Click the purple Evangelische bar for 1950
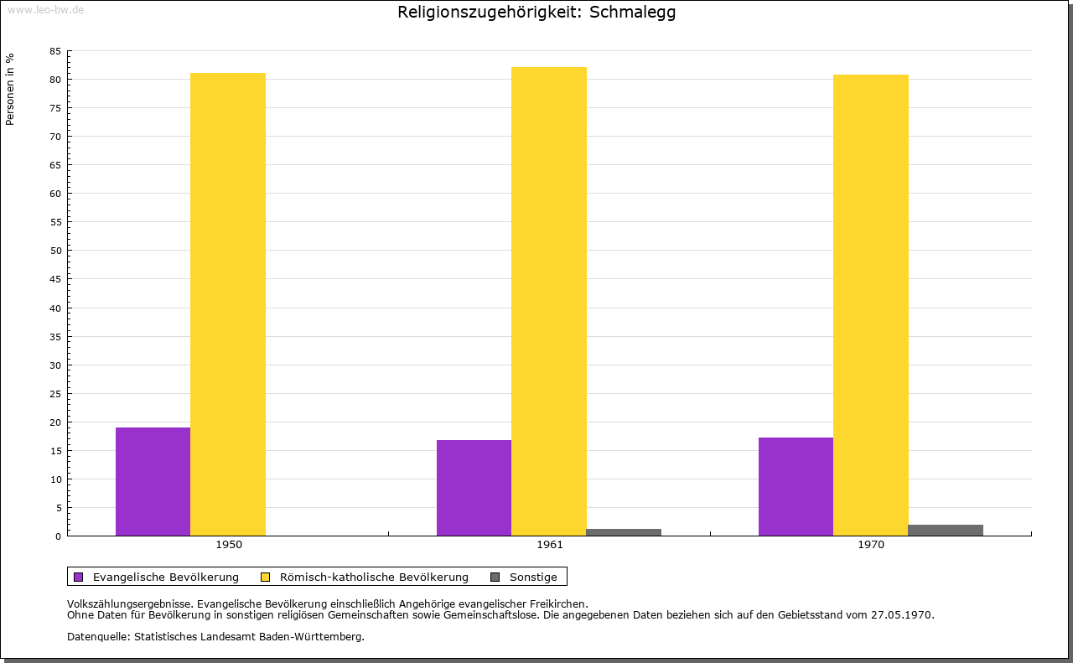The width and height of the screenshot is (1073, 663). (153, 481)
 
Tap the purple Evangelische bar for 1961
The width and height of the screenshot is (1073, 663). (474, 488)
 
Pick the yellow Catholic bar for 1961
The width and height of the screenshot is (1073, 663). (549, 302)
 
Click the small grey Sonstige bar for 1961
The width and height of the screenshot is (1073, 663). (624, 532)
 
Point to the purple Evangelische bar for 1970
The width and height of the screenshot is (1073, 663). (796, 486)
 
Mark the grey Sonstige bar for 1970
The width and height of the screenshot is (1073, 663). (946, 531)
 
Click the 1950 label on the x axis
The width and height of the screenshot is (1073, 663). (229, 545)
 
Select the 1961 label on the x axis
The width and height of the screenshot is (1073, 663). (550, 545)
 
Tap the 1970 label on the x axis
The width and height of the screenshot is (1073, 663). (871, 545)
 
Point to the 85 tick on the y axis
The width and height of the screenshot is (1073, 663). (54, 51)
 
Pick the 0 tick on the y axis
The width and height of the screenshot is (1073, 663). (58, 536)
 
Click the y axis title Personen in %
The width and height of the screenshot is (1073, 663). (10, 89)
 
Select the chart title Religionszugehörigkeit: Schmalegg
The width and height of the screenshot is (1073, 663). (536, 13)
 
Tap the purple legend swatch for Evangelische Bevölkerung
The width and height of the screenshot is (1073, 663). (79, 577)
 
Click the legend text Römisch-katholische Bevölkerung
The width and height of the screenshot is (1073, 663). (374, 577)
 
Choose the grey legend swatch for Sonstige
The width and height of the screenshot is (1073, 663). (495, 577)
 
